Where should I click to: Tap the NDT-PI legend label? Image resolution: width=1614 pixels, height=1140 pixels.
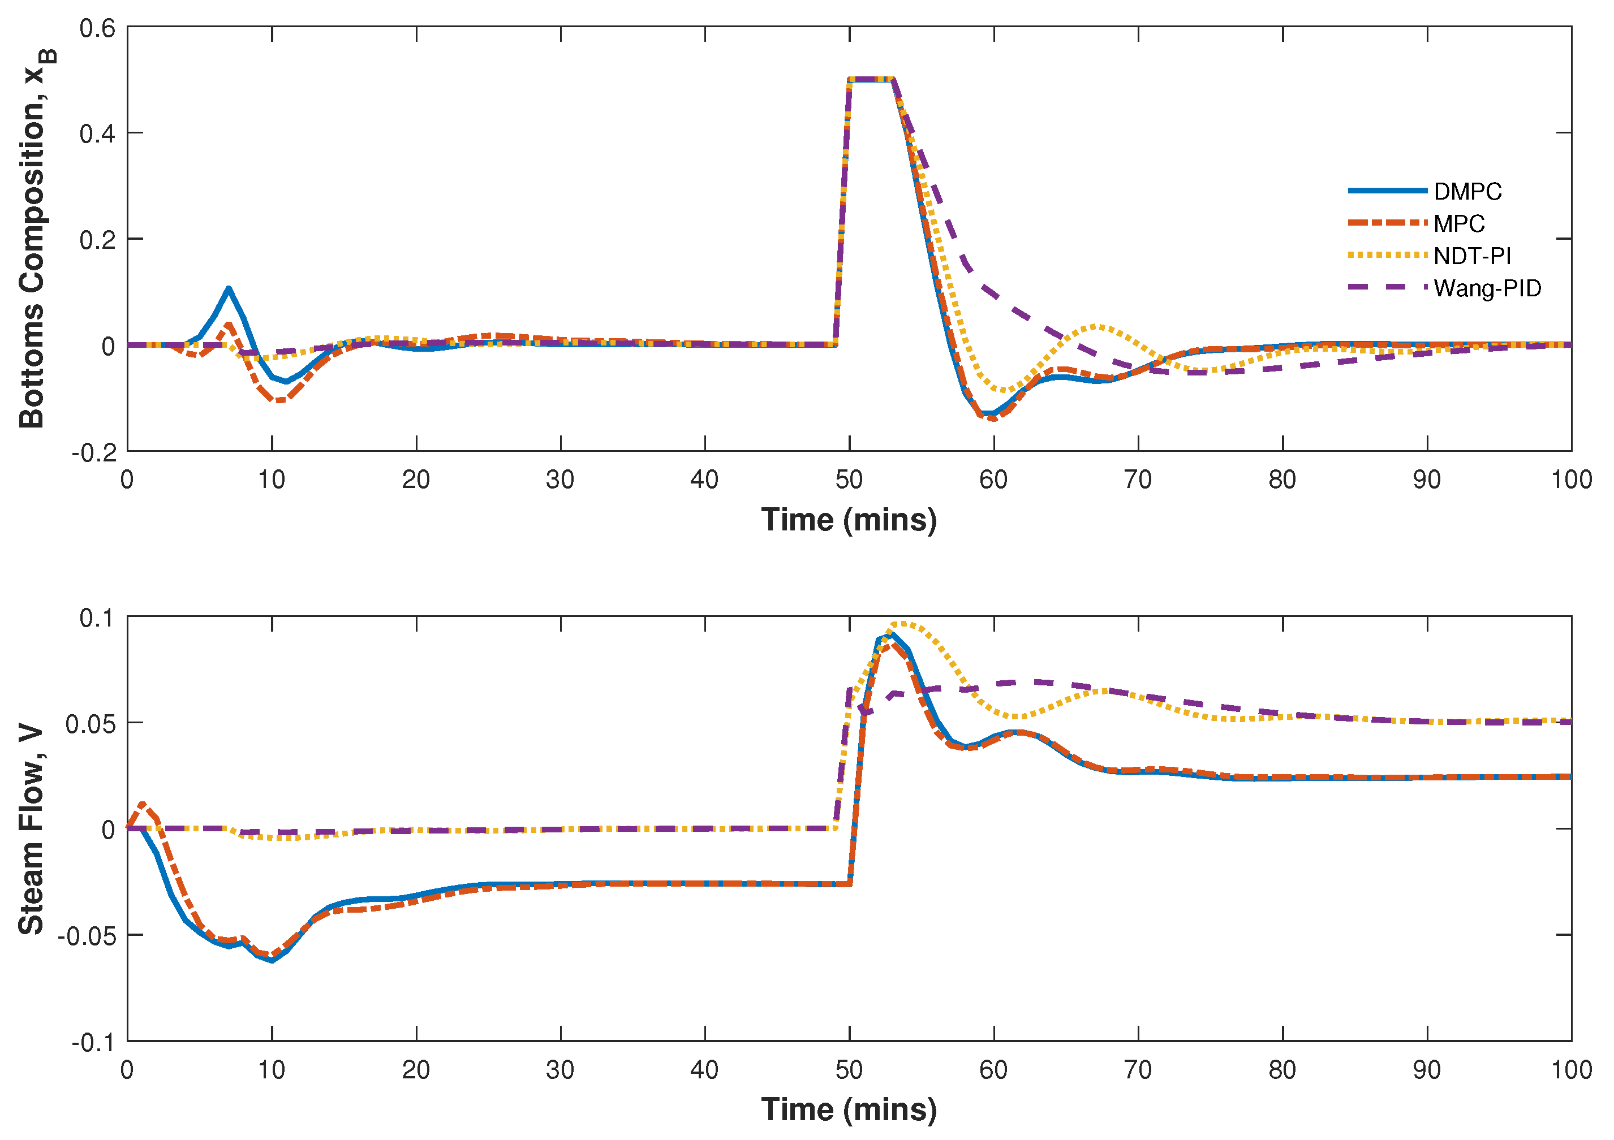click(x=1472, y=256)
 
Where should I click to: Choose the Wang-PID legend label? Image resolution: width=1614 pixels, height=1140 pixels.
click(x=1487, y=288)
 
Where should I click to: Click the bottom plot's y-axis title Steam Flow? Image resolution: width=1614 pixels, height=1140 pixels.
click(x=31, y=830)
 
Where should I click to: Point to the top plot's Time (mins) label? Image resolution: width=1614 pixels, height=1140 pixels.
click(x=849, y=520)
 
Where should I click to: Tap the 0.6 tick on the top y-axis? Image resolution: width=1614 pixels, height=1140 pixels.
click(x=97, y=29)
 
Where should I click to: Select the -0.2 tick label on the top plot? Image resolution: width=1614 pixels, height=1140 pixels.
click(x=93, y=452)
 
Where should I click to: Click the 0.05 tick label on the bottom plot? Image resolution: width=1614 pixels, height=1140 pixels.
click(x=90, y=724)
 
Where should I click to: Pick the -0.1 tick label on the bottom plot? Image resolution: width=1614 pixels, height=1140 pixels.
click(x=93, y=1042)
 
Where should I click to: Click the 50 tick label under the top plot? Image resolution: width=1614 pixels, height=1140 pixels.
click(x=849, y=480)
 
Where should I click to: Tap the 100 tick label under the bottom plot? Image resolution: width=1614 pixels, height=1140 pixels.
click(x=1571, y=1070)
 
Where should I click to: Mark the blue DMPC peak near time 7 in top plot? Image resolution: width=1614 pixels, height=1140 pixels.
click(x=229, y=289)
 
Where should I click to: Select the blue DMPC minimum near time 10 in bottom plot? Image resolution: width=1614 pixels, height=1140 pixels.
click(x=272, y=960)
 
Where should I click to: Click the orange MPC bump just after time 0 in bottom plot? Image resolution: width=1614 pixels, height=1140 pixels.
click(x=143, y=804)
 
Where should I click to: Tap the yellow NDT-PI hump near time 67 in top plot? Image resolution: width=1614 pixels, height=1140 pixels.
click(x=1096, y=327)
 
